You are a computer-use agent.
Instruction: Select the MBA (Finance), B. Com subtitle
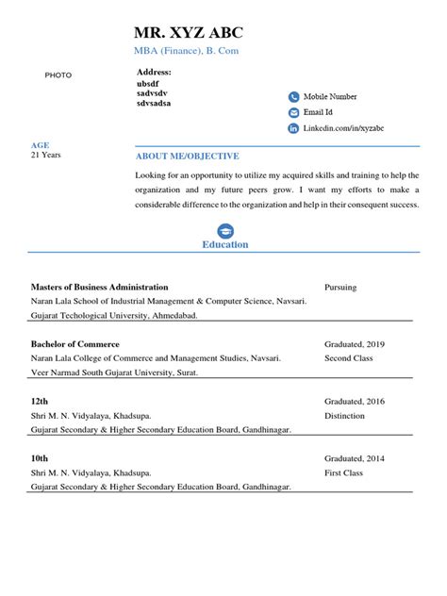187,51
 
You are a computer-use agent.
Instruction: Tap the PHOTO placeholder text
58,74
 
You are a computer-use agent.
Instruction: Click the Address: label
154,72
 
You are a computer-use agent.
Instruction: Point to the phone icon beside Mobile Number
293,96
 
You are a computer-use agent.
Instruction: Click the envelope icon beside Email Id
293,112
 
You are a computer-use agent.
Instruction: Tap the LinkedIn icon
293,128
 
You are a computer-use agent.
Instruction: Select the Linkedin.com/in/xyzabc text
343,128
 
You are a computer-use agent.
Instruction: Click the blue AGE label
40,145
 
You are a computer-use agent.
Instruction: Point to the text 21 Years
45,155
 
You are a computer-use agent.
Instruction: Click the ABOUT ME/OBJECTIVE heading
188,157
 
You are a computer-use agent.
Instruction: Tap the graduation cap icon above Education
225,230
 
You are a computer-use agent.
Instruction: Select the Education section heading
225,244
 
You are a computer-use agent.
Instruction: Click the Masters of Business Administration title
99,287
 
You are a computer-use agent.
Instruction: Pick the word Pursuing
340,287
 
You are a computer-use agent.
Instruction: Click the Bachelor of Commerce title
75,344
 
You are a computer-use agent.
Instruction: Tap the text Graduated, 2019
355,344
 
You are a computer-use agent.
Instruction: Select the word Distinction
344,415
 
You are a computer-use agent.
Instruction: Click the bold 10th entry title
39,457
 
